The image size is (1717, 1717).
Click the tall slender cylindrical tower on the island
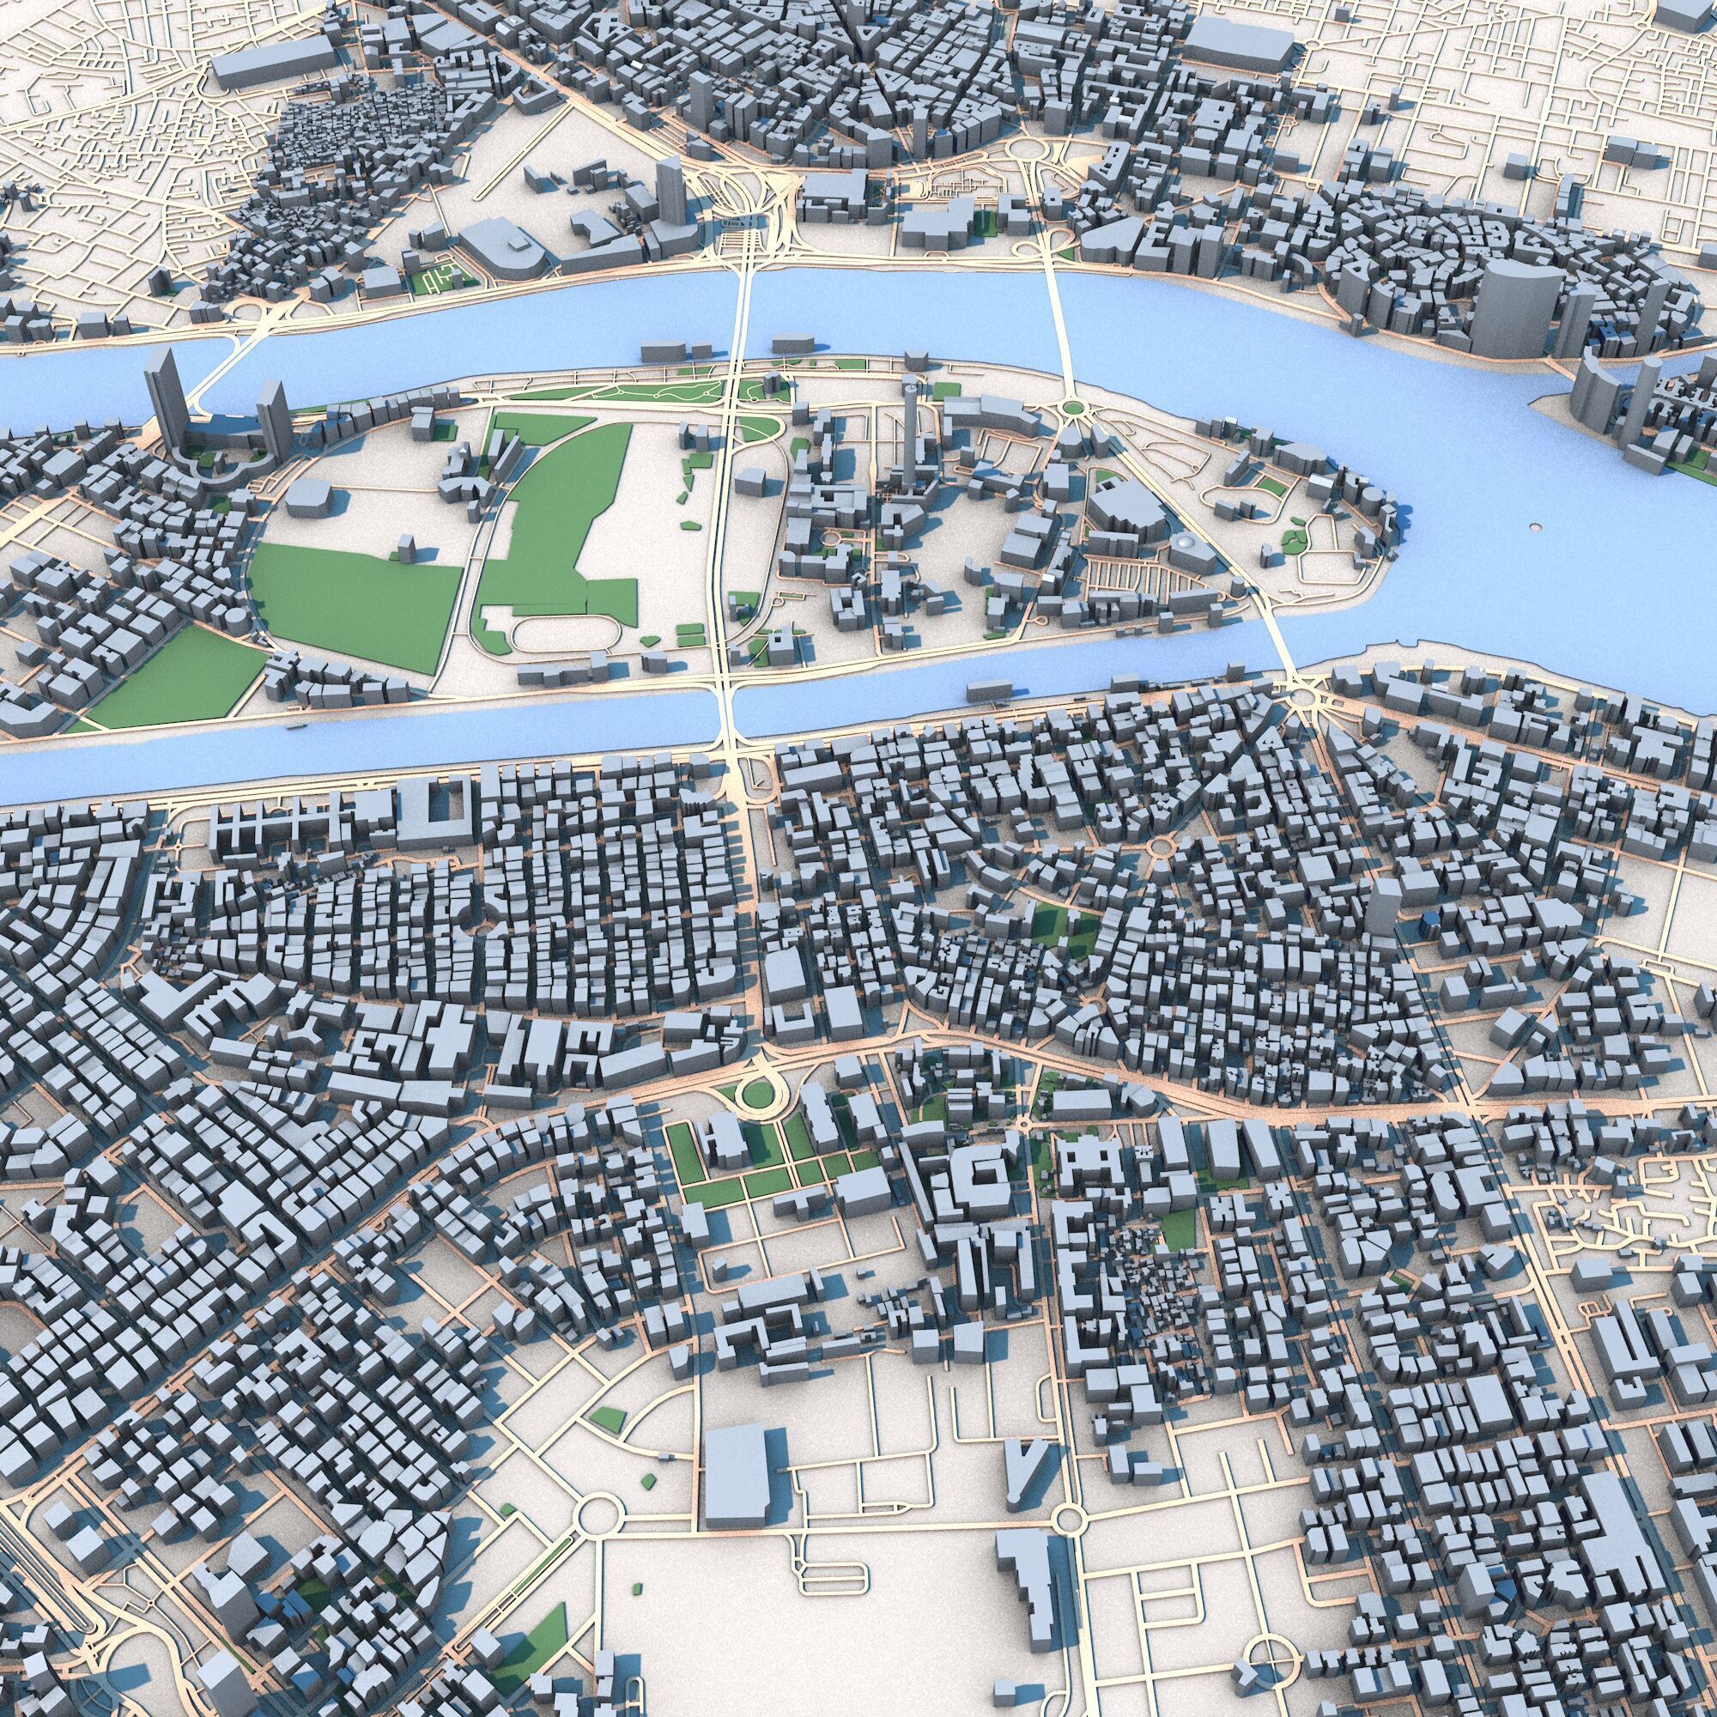(x=907, y=427)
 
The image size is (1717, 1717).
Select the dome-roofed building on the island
(x=1183, y=544)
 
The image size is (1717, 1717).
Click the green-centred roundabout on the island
(x=1071, y=408)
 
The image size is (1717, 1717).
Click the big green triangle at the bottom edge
(x=542, y=1653)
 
